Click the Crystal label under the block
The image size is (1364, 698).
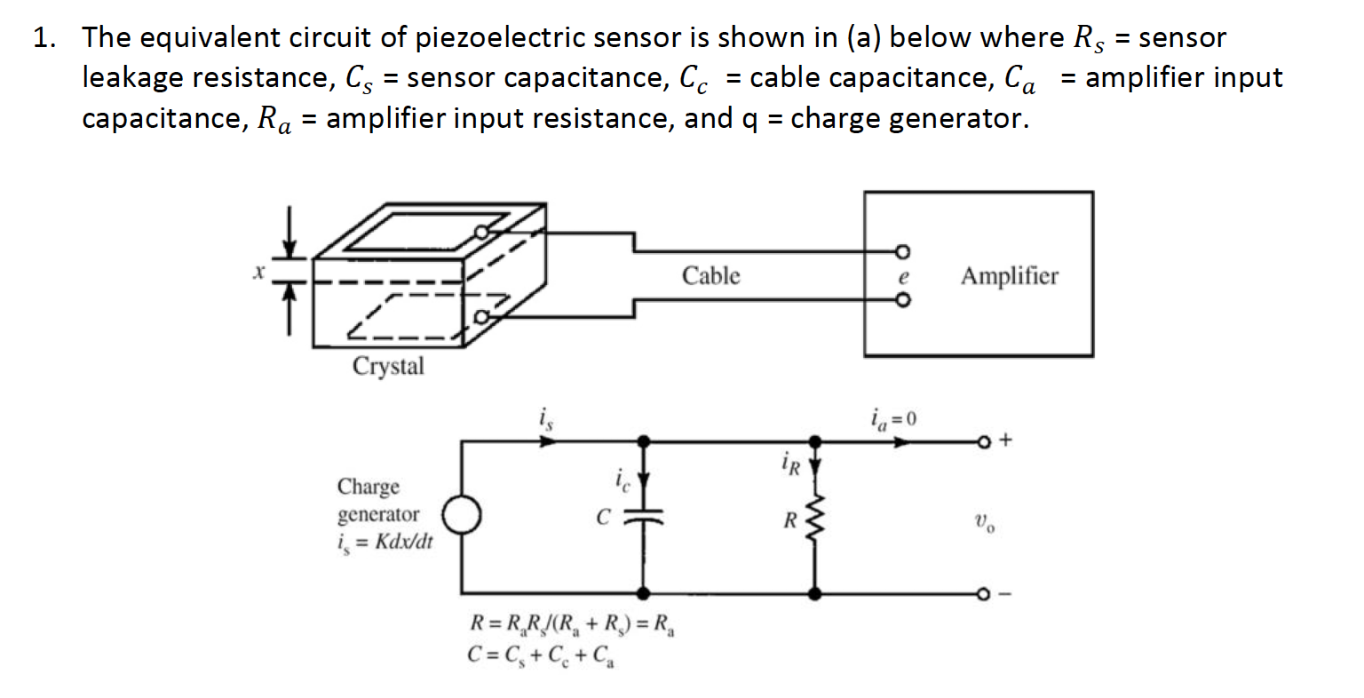coord(388,366)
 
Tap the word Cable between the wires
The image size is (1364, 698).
coord(710,276)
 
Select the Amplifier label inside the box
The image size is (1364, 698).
coord(1009,276)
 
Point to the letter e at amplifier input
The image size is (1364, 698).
coord(902,276)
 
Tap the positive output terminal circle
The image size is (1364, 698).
coord(983,440)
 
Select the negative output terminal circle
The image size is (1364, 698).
coord(983,593)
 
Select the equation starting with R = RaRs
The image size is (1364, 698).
coord(573,625)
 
